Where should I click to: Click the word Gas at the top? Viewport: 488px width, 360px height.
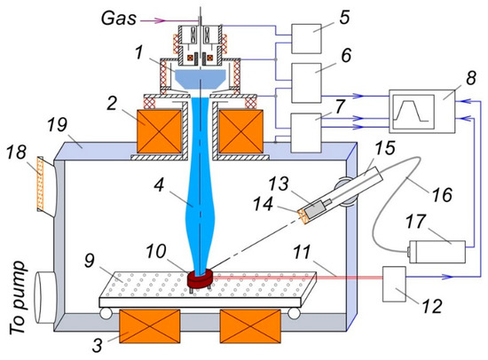(119, 18)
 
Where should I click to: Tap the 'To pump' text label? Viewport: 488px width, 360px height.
(18, 297)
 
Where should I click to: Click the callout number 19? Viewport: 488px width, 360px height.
(57, 125)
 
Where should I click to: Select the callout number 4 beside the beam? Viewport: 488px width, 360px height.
(159, 186)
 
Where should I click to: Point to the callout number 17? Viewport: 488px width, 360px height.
(415, 222)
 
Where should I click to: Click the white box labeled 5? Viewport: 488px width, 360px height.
(306, 39)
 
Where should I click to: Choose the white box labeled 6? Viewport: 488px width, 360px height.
(306, 83)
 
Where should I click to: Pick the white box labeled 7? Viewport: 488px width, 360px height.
(306, 133)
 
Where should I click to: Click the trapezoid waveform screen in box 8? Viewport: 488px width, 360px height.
(413, 112)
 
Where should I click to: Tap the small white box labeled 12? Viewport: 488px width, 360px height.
(394, 284)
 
